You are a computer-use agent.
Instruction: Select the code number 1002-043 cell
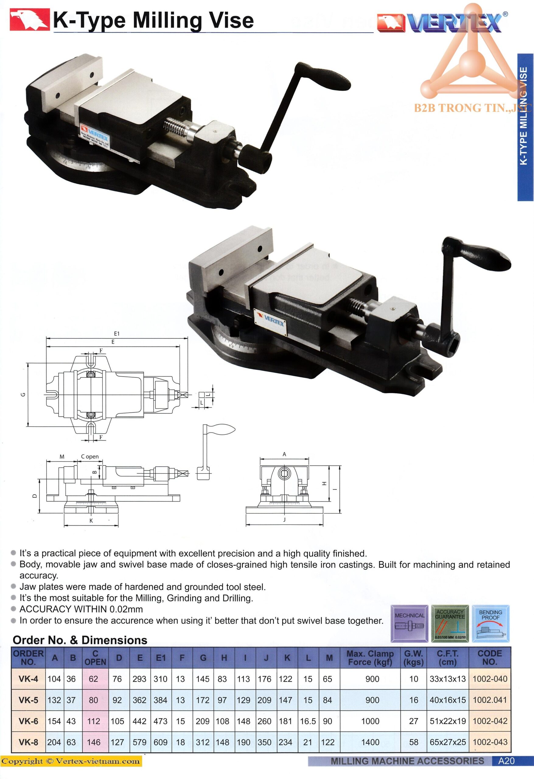coord(490,742)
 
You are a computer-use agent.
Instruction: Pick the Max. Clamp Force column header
coord(370,658)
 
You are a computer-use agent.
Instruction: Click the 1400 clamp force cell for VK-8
coord(370,742)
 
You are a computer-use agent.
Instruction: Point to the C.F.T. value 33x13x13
coord(448,679)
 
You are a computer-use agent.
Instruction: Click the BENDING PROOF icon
coord(490,624)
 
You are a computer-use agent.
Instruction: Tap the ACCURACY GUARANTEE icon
coord(450,624)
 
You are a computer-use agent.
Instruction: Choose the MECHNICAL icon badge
coord(409,624)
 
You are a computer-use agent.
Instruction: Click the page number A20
coord(506,761)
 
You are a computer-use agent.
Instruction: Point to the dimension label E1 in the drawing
coord(117,334)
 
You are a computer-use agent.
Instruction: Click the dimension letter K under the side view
coord(91,521)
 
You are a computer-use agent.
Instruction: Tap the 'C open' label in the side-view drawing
coord(90,456)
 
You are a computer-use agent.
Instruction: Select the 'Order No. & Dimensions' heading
coord(80,640)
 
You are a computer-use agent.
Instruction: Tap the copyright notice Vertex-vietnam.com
coord(71,761)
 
